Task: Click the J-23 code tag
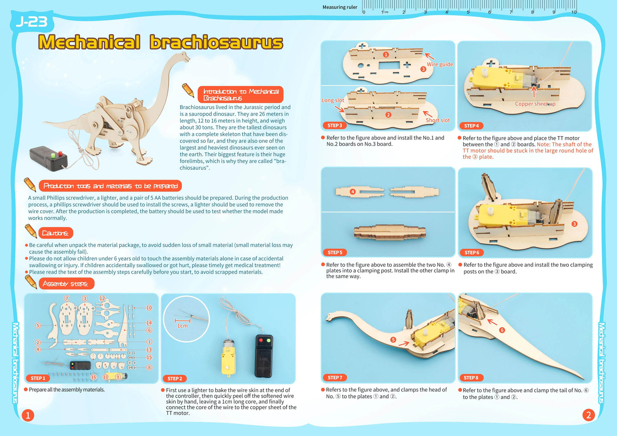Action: [31, 22]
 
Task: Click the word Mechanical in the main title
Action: [89, 43]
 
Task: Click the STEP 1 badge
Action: [38, 378]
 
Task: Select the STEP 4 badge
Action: [471, 126]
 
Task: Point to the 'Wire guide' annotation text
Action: [440, 64]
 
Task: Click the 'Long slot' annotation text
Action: [333, 100]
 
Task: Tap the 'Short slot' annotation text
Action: [438, 120]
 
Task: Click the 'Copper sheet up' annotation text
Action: [535, 104]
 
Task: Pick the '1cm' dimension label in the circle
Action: [182, 326]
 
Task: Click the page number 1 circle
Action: [28, 415]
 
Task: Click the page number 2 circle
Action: [588, 415]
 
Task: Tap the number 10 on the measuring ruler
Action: [574, 12]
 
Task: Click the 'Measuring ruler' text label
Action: [340, 7]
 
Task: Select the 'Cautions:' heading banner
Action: [56, 233]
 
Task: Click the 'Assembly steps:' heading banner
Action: [65, 284]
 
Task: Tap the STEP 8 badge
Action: [471, 378]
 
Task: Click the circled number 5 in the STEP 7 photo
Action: [393, 340]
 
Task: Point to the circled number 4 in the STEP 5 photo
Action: [353, 192]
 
